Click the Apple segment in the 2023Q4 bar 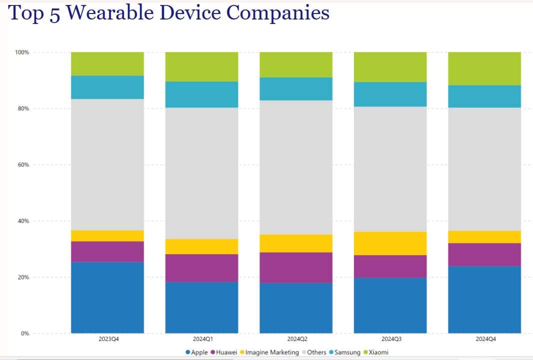pyautogui.click(x=107, y=297)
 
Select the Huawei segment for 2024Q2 pyautogui.click(x=296, y=267)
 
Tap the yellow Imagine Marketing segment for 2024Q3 pyautogui.click(x=390, y=243)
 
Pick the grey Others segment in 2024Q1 pyautogui.click(x=202, y=173)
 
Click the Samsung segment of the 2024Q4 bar pyautogui.click(x=484, y=96)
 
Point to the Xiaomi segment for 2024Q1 pyautogui.click(x=202, y=66)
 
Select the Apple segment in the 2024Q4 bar pyautogui.click(x=484, y=299)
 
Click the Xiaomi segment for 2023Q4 pyautogui.click(x=107, y=63)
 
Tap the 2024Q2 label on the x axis pyautogui.click(x=296, y=339)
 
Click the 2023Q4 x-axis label pyautogui.click(x=107, y=339)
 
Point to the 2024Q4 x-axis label pyautogui.click(x=484, y=339)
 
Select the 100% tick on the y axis pyautogui.click(x=22, y=52)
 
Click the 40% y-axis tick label pyautogui.click(x=23, y=221)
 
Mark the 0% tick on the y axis pyautogui.click(x=24, y=333)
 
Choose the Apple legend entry pyautogui.click(x=196, y=352)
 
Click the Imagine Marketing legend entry pyautogui.click(x=268, y=352)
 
